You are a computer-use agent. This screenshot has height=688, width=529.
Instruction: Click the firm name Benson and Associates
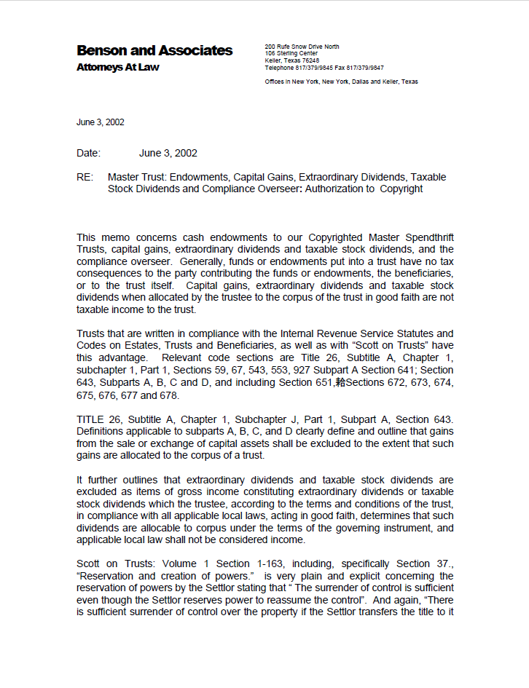pos(154,50)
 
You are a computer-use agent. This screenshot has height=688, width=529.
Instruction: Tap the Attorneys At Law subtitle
pos(117,68)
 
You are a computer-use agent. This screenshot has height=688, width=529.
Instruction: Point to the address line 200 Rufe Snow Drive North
pos(302,47)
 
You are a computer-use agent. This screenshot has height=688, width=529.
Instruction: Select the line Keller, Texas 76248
pos(291,60)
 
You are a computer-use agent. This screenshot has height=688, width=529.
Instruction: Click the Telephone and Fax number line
pos(324,66)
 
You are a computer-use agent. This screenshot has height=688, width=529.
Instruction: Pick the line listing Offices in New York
pos(341,82)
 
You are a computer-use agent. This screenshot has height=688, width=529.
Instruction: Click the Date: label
pos(88,153)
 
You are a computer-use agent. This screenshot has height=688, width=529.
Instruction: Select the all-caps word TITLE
pos(91,419)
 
